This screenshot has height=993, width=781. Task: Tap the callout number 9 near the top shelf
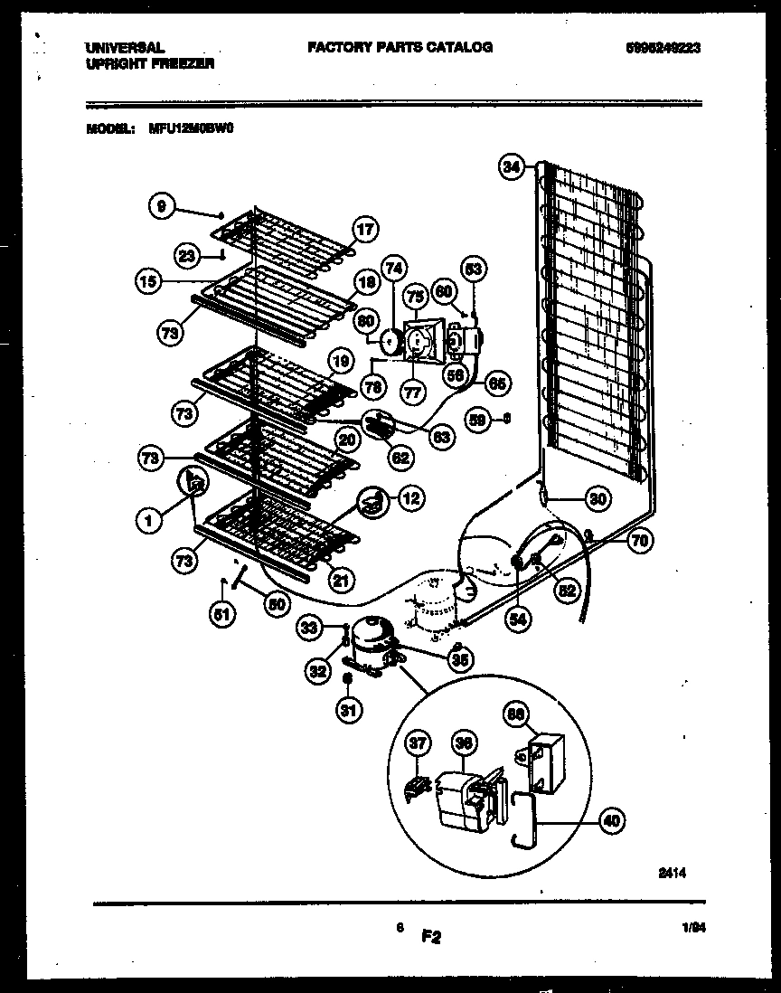(x=162, y=207)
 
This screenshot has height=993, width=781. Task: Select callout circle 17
(x=363, y=230)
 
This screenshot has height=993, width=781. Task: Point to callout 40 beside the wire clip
(x=611, y=821)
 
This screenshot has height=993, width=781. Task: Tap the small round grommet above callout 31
(x=347, y=677)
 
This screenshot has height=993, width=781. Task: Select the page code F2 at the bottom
(x=430, y=939)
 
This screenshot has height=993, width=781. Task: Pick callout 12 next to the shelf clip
(x=409, y=496)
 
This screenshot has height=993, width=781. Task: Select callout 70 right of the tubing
(x=639, y=542)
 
